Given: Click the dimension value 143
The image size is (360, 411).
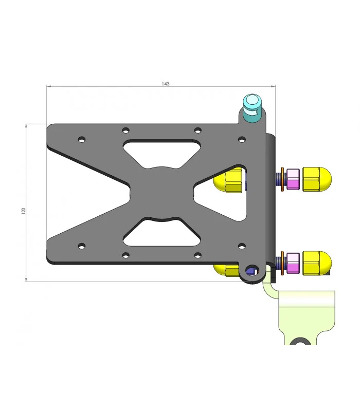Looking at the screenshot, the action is [166, 84].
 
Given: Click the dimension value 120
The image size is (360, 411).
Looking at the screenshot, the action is [24, 211].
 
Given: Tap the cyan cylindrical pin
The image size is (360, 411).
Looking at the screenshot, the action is [252, 107].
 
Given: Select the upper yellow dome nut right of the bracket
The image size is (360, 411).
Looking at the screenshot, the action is [317, 179].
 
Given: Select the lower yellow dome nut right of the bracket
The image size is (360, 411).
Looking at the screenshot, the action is [317, 263].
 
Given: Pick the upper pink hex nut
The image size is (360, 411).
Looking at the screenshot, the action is [293, 179].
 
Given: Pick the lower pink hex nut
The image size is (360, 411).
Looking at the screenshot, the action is [293, 263].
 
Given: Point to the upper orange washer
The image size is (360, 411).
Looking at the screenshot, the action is [282, 179].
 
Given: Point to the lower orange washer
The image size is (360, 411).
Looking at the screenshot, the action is [282, 263].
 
